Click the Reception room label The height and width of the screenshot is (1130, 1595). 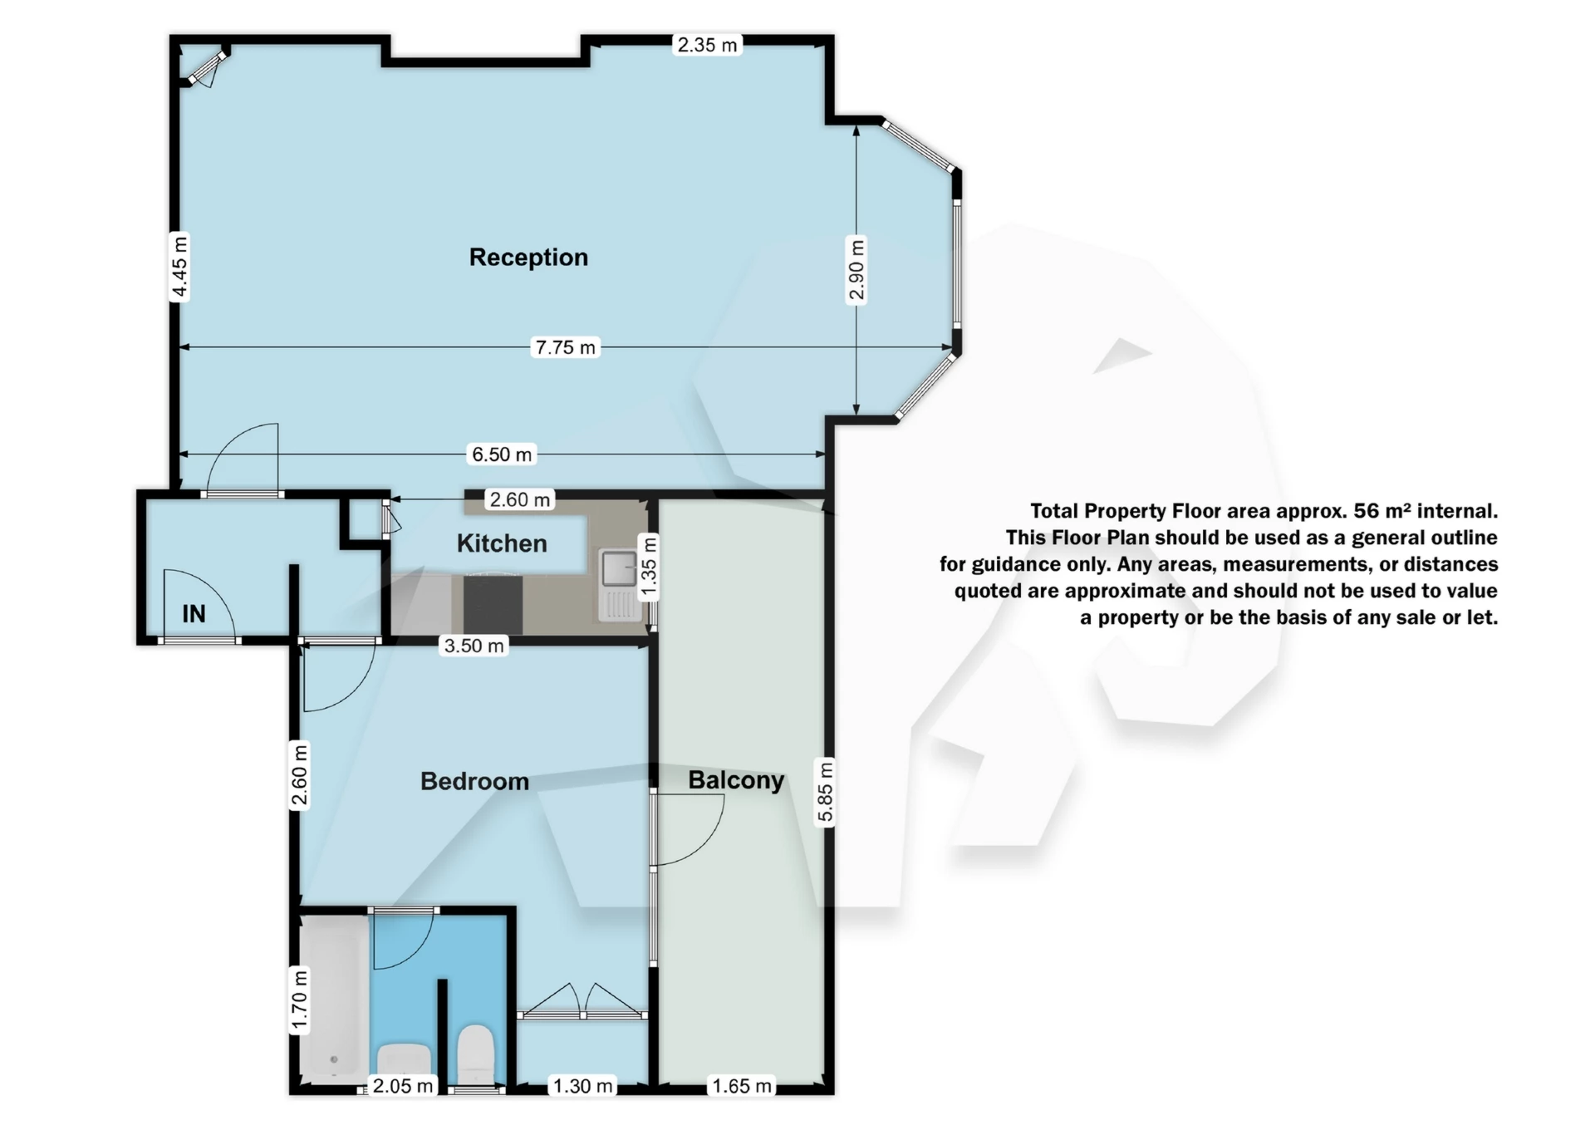[x=528, y=258]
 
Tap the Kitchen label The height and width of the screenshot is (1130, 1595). [x=502, y=543]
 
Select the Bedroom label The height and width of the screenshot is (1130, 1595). [x=474, y=781]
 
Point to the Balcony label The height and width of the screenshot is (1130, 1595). [x=736, y=780]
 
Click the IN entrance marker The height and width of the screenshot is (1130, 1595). [x=194, y=614]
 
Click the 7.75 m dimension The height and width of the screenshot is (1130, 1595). [x=566, y=347]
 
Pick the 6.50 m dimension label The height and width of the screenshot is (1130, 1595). [x=502, y=454]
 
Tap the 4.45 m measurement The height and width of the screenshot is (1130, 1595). [x=179, y=267]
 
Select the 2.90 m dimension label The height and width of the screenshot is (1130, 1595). [x=856, y=269]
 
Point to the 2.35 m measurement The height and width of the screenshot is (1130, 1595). [x=707, y=45]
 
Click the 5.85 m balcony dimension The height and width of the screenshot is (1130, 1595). [x=825, y=791]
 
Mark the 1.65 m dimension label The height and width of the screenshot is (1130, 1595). [x=742, y=1086]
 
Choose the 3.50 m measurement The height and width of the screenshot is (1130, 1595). [x=474, y=646]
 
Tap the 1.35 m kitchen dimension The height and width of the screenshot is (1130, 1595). [x=649, y=568]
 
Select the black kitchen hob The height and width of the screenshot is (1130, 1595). [x=493, y=604]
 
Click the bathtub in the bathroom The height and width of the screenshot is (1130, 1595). [x=333, y=997]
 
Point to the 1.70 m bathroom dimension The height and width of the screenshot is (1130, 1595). [x=300, y=1000]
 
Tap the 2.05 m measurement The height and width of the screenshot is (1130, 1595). [x=403, y=1086]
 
